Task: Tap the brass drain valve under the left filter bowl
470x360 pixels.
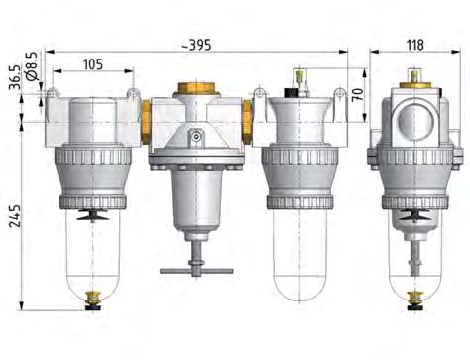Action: click(93, 295)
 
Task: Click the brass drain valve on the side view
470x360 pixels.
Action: click(414, 295)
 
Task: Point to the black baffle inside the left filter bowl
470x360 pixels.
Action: click(93, 212)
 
